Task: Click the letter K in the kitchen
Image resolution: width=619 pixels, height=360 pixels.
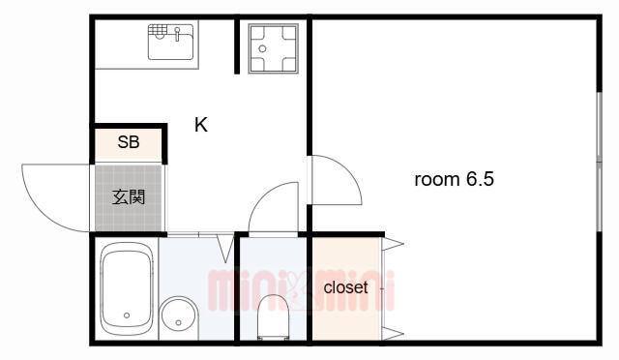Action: click(x=201, y=125)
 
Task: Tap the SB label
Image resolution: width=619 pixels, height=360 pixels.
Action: click(x=129, y=142)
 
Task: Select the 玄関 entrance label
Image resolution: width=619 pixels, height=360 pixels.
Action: click(x=129, y=196)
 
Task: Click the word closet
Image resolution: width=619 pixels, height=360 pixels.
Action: click(x=345, y=287)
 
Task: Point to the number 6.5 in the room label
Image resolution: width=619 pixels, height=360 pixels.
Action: click(x=480, y=179)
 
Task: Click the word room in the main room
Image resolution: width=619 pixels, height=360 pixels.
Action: click(x=437, y=180)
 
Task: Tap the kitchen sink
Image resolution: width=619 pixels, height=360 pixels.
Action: click(x=170, y=42)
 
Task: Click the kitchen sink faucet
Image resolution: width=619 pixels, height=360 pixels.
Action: click(x=177, y=34)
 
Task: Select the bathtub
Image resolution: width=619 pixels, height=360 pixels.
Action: click(x=127, y=288)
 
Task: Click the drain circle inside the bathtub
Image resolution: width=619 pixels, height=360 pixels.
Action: click(x=127, y=315)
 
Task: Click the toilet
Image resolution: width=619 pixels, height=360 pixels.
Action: click(x=273, y=316)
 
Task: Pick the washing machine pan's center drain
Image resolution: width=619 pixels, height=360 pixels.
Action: click(x=262, y=49)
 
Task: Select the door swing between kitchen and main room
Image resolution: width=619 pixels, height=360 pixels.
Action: click(x=348, y=170)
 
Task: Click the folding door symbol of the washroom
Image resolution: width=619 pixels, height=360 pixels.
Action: click(x=225, y=248)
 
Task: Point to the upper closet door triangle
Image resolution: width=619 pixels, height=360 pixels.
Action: click(x=393, y=244)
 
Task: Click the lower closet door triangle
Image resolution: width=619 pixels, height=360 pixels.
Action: click(x=393, y=334)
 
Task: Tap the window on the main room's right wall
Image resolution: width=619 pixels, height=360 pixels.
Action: click(x=600, y=162)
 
